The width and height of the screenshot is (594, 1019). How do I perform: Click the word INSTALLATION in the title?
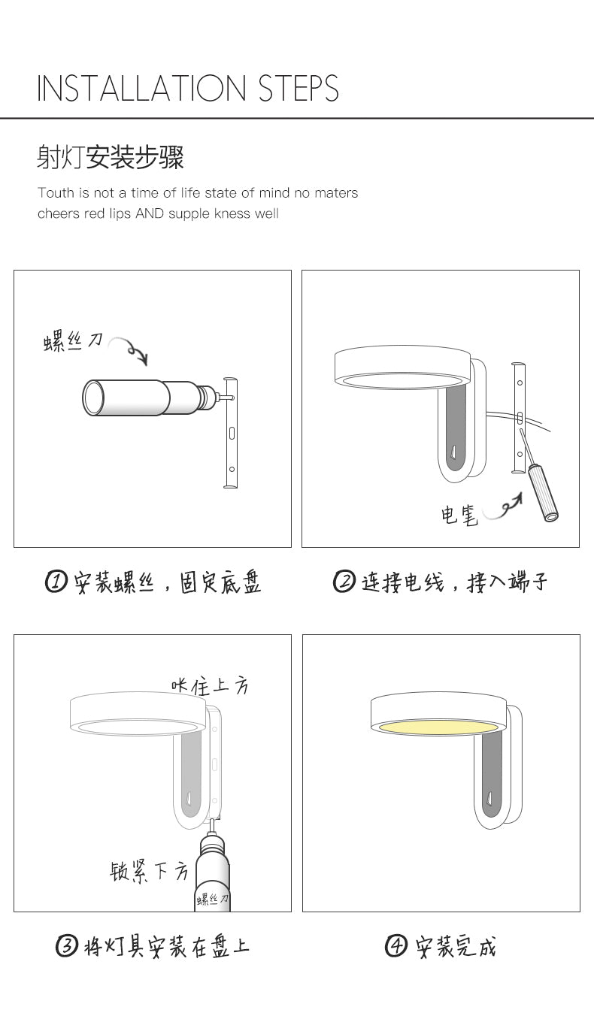click(141, 88)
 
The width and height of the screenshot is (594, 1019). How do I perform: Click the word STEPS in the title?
click(299, 88)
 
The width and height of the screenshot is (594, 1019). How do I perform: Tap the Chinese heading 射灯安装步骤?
click(110, 157)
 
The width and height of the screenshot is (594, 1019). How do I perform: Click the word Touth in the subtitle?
click(56, 193)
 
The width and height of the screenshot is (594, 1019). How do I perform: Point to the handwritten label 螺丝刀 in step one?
click(73, 342)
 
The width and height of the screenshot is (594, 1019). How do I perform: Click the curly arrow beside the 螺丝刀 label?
click(130, 349)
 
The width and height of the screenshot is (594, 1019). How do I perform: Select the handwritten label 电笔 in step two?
click(459, 515)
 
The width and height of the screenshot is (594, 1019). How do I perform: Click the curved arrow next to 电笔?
click(503, 508)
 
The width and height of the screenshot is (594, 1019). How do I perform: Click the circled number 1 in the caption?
click(56, 582)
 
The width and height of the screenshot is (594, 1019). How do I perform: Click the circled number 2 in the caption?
click(344, 582)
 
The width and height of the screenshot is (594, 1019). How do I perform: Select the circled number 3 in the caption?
click(67, 946)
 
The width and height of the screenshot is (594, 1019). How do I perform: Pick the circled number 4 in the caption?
click(396, 946)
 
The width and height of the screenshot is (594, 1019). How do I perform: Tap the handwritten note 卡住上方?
click(210, 686)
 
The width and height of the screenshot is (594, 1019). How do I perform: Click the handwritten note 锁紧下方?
click(149, 872)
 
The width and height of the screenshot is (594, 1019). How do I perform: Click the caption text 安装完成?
click(455, 946)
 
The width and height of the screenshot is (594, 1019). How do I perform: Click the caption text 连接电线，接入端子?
click(454, 582)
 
